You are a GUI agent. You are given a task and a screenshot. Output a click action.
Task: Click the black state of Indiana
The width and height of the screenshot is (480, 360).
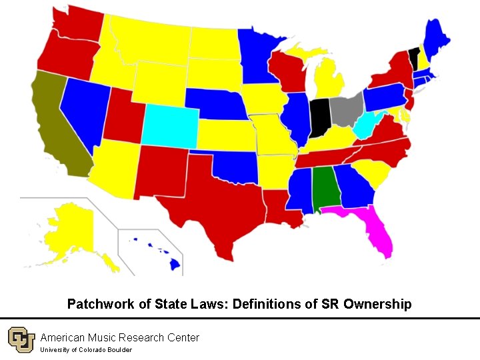pyautogui.click(x=319, y=117)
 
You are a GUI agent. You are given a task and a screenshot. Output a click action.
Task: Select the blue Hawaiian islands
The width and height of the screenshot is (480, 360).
pyautogui.click(x=175, y=264)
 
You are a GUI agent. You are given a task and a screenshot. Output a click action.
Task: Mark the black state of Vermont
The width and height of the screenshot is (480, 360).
pyautogui.click(x=414, y=58)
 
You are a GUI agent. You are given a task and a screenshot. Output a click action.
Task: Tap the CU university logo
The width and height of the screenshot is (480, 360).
pyautogui.click(x=21, y=341)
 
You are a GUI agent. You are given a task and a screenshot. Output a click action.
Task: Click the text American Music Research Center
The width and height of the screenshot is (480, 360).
pyautogui.click(x=119, y=337)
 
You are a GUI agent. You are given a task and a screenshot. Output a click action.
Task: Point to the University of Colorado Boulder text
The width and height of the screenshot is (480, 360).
pyautogui.click(x=86, y=350)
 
